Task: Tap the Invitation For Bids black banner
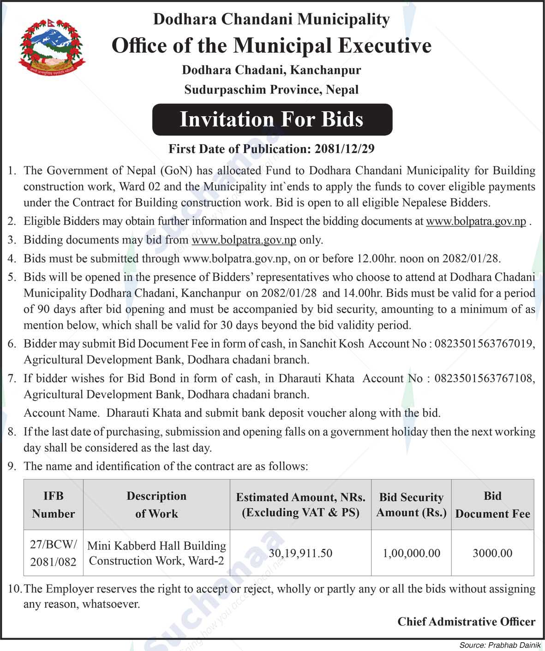[x=272, y=119]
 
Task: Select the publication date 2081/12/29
[x=344, y=149]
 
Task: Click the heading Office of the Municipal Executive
[x=271, y=46]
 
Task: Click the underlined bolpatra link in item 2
[x=476, y=221]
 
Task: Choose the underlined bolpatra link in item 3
[x=244, y=240]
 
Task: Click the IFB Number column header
[x=54, y=505]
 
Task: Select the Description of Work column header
[x=156, y=505]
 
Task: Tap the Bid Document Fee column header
[x=492, y=505]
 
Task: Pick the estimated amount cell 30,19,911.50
[x=300, y=553]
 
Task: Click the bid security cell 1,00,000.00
[x=411, y=553]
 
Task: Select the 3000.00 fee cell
[x=492, y=553]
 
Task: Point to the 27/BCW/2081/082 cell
[x=54, y=553]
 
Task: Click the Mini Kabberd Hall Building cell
[x=156, y=553]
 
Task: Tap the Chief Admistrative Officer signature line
[x=466, y=622]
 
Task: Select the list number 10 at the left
[x=14, y=589]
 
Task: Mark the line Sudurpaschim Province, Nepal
[x=271, y=89]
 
